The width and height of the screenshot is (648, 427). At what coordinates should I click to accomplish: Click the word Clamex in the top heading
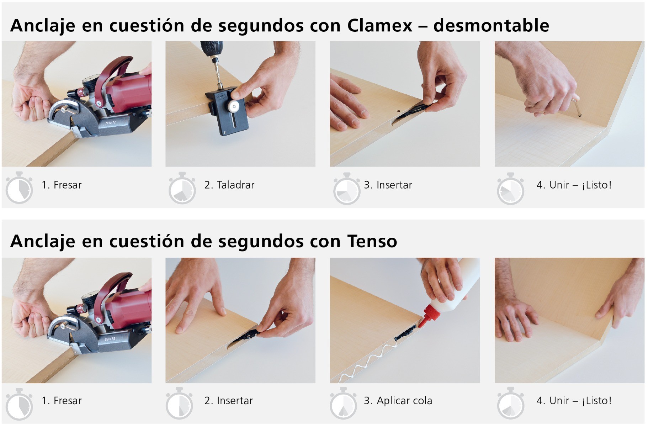click(379, 26)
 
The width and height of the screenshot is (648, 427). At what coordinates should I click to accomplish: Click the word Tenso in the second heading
click(372, 241)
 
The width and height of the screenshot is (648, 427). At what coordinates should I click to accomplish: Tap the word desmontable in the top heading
click(491, 26)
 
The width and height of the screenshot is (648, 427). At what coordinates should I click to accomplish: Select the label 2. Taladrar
click(229, 185)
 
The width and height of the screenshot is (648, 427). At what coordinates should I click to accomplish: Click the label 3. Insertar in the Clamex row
click(388, 185)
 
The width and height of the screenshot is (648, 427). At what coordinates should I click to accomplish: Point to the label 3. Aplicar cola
click(398, 401)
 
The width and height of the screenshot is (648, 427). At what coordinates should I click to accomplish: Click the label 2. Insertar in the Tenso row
click(228, 401)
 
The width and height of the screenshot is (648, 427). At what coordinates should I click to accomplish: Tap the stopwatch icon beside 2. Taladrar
click(182, 189)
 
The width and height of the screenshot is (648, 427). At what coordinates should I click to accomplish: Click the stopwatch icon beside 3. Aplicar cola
click(343, 404)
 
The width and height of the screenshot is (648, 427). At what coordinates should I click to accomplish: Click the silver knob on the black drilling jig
click(234, 105)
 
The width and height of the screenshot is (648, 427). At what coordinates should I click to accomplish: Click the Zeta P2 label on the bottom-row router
click(110, 339)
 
